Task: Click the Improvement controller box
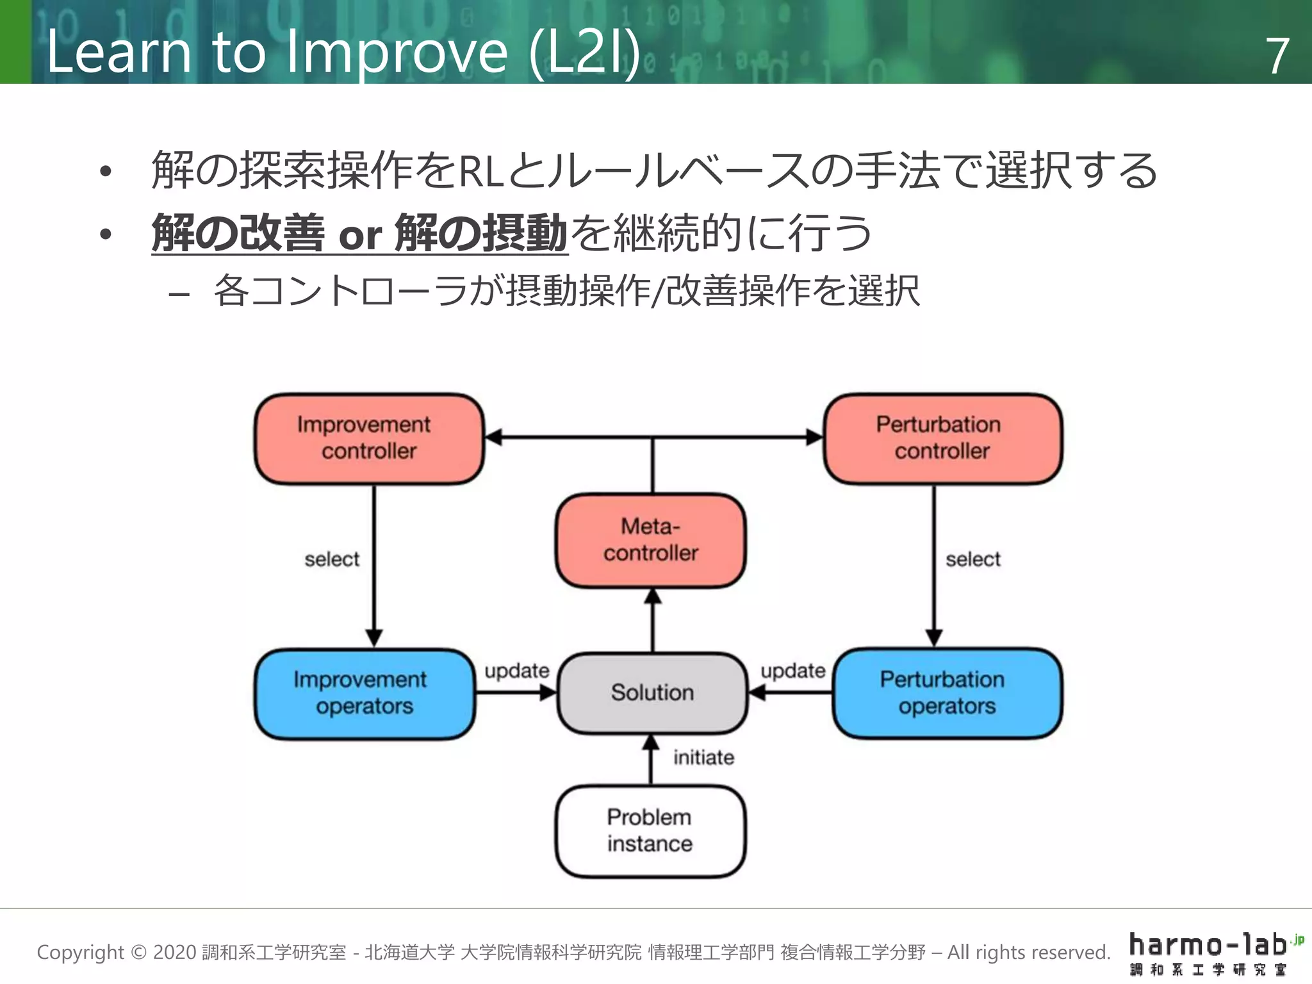[368, 438]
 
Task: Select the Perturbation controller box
[942, 438]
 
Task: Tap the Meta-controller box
[650, 540]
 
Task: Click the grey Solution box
[652, 693]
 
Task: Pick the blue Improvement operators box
[364, 693]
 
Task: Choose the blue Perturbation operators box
[946, 693]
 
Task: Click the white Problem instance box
[650, 831]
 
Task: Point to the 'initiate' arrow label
[703, 758]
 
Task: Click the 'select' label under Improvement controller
[332, 559]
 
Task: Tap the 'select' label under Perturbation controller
[972, 559]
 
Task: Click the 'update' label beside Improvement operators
[516, 671]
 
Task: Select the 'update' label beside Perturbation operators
[792, 671]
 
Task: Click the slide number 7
[1277, 56]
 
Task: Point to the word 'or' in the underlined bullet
[359, 236]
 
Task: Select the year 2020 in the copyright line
[174, 953]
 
